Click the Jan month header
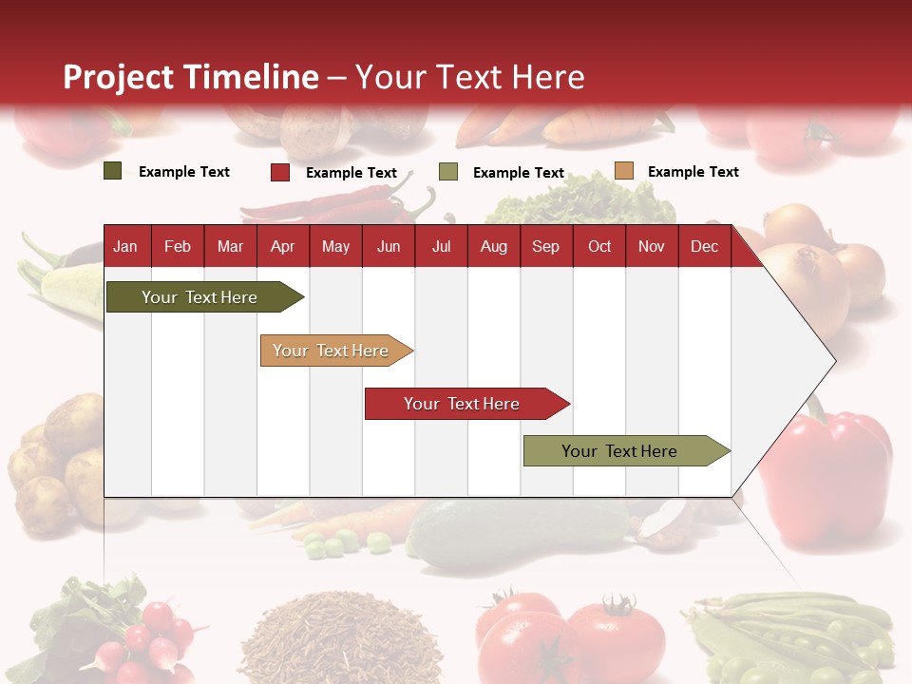[125, 247]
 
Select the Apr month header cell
[282, 247]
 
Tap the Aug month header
[493, 247]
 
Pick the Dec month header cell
[704, 247]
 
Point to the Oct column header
[599, 247]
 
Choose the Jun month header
[389, 247]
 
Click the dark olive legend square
[113, 171]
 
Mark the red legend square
[280, 172]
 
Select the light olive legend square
[448, 172]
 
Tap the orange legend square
[623, 171]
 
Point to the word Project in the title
[119, 77]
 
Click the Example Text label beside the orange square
[693, 172]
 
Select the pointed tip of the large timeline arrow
[834, 361]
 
